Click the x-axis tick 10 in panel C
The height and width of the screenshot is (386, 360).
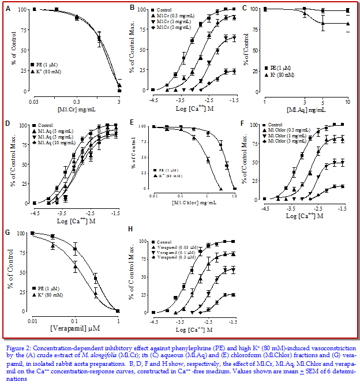coord(347,102)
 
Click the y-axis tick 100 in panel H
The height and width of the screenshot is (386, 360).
coord(140,241)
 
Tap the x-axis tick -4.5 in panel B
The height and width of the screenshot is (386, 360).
coord(153,100)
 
